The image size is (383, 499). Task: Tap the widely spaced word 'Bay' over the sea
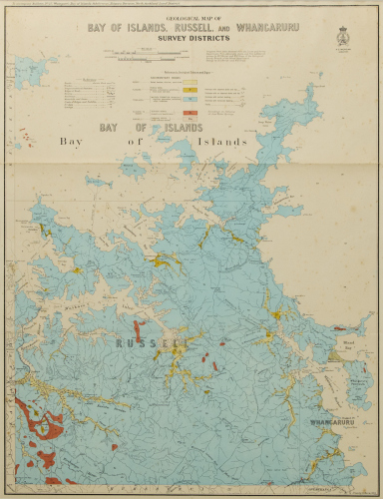pos(75,143)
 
